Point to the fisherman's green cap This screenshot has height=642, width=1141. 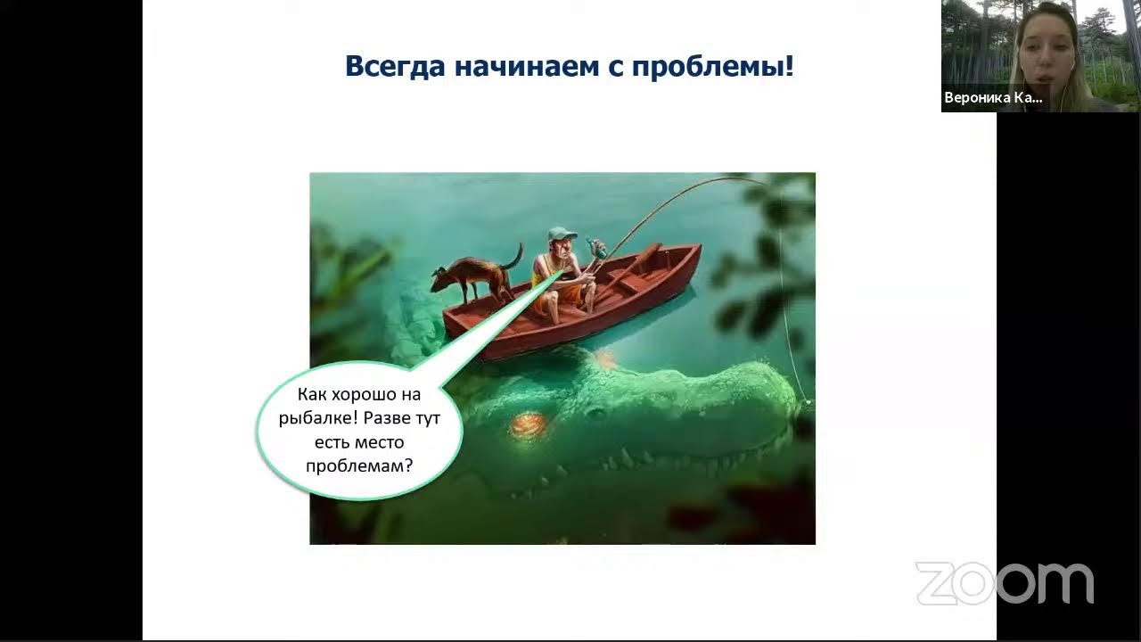(562, 235)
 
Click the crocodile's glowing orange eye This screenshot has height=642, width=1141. (527, 425)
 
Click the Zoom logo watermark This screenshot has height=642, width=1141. (1004, 583)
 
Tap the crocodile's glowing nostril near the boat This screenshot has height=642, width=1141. (606, 358)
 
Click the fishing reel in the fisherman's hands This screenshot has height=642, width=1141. (595, 249)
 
